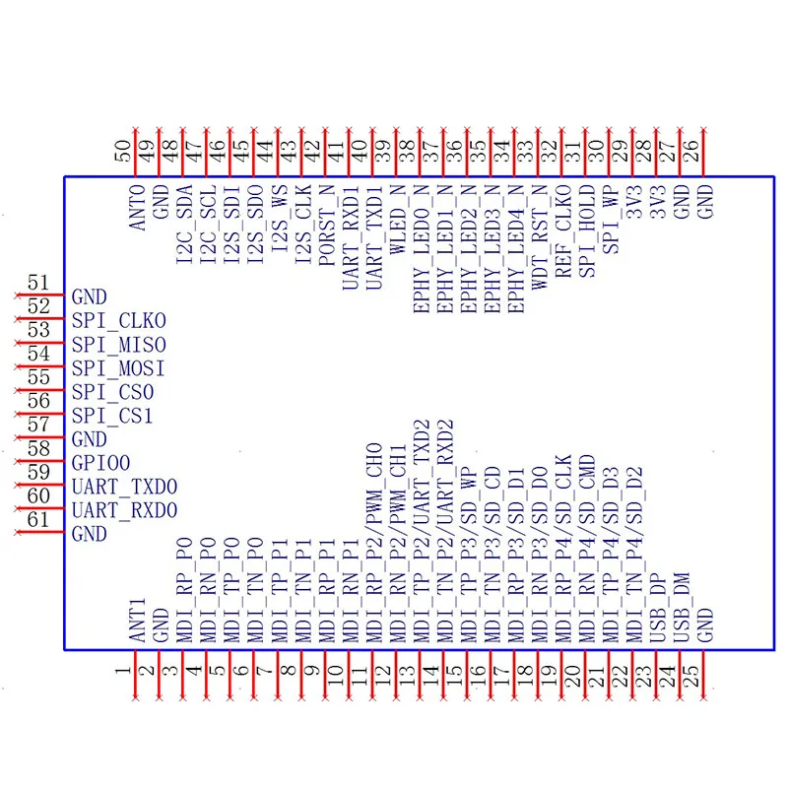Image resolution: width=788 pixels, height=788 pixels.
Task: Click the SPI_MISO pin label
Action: pos(119,345)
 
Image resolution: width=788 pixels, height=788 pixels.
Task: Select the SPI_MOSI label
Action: pos(119,368)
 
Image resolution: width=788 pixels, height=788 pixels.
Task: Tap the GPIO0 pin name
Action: pos(101,463)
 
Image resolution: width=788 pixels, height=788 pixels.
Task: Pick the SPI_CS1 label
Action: pos(113,416)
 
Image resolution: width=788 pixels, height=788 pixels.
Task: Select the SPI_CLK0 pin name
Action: pos(119,321)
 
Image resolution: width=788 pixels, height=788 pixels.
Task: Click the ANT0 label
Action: pos(137,208)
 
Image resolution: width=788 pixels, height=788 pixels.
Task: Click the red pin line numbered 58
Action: pos(39,462)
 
